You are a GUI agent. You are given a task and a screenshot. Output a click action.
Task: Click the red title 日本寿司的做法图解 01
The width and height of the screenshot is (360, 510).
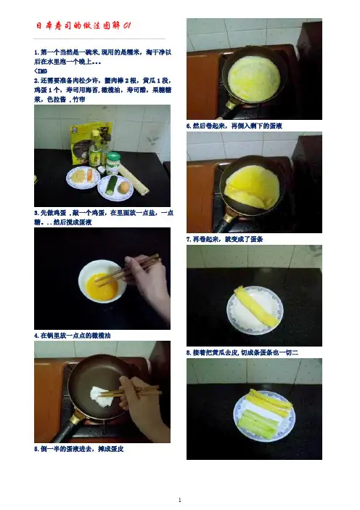click(x=83, y=25)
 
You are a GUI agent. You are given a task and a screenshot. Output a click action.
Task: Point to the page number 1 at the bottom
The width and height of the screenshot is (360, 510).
click(x=180, y=500)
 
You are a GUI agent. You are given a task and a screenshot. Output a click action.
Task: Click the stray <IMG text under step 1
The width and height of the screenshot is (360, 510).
click(x=41, y=71)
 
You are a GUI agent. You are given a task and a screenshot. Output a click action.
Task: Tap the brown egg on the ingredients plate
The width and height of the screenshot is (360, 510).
click(x=124, y=187)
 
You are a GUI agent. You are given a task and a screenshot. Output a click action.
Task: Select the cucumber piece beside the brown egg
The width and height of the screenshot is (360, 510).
click(x=112, y=186)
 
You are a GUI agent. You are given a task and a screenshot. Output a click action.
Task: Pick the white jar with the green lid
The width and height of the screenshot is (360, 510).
click(x=113, y=163)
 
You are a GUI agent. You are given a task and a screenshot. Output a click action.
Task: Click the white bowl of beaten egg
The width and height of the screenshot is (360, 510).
click(x=102, y=281)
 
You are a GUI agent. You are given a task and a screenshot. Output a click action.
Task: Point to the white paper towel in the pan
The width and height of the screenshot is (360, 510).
click(x=102, y=397)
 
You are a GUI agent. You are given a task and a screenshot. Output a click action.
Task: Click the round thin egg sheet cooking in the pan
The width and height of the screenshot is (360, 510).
click(x=254, y=78)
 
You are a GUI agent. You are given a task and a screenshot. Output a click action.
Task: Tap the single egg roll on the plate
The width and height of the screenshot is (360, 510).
click(x=256, y=307)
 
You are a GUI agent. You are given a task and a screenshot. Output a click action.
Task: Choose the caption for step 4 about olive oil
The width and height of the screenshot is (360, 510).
click(x=73, y=336)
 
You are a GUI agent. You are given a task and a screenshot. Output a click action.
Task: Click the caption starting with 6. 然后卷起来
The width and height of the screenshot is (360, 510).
click(x=234, y=126)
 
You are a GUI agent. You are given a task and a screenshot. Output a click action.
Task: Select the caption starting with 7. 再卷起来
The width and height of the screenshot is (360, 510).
click(x=224, y=239)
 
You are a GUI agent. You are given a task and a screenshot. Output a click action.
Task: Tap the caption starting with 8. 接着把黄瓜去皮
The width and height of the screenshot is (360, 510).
click(x=242, y=352)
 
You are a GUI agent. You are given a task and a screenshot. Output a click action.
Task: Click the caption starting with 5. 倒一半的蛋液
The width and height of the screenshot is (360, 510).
click(x=79, y=449)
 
